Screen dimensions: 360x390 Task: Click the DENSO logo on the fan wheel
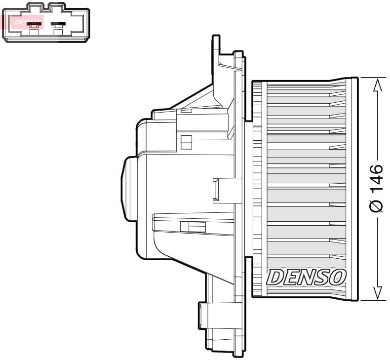pyautogui.click(x=306, y=277)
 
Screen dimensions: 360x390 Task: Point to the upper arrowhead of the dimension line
pyautogui.click(x=377, y=84)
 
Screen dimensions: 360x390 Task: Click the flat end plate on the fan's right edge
pyautogui.click(x=351, y=189)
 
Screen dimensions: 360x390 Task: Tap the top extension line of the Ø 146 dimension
pyautogui.click(x=373, y=78)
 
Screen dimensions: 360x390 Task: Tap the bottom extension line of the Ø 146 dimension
pyautogui.click(x=373, y=300)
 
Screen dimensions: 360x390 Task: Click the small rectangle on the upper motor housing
pyautogui.click(x=186, y=142)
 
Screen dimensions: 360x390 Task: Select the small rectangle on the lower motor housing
pyautogui.click(x=193, y=227)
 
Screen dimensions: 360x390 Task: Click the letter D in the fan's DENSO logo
pyautogui.click(x=274, y=277)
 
